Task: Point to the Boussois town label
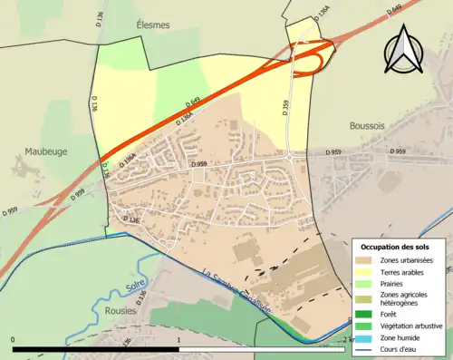370,128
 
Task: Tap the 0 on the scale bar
14,340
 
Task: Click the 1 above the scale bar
179,340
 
